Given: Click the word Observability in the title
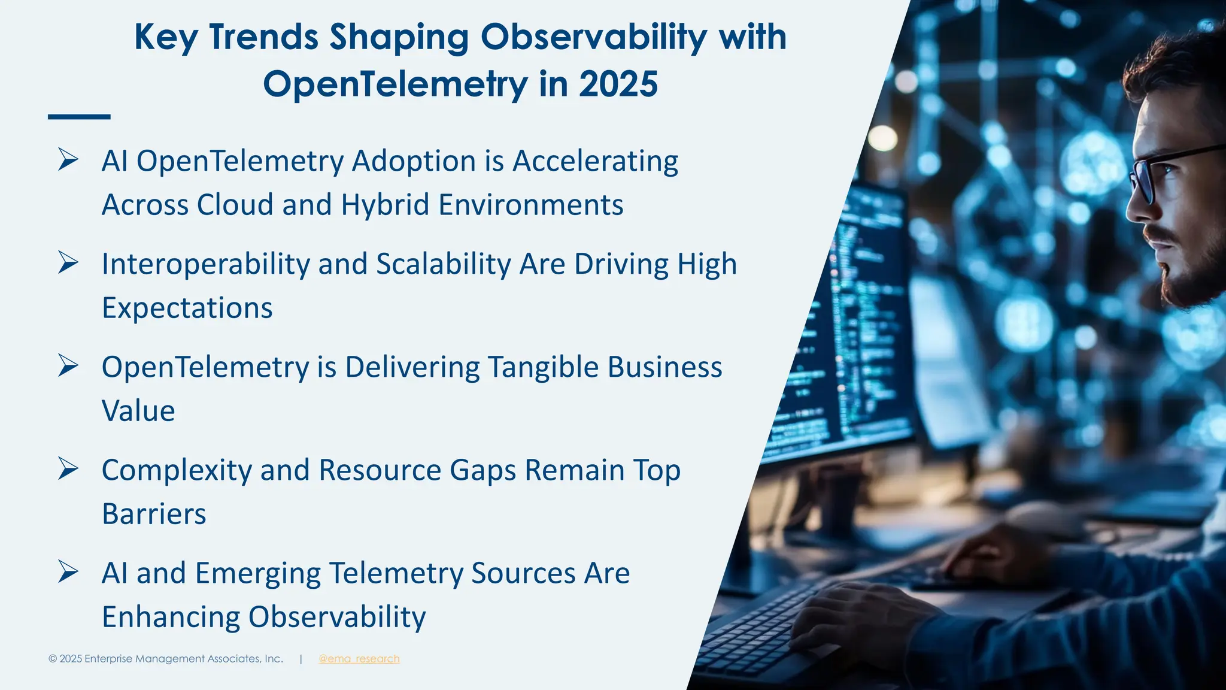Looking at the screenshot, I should [x=594, y=37].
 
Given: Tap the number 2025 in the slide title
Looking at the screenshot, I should [x=618, y=84].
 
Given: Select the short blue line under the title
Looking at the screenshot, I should [x=79, y=117].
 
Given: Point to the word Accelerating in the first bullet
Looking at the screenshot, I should [x=595, y=161].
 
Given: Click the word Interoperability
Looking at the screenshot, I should [x=205, y=264].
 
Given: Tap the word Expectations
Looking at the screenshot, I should [x=187, y=308].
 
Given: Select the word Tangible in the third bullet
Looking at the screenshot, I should [x=543, y=367].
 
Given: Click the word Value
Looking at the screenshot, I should [x=138, y=411].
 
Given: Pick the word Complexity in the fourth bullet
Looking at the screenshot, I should [x=176, y=471].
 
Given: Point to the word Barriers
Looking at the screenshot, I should [x=154, y=514].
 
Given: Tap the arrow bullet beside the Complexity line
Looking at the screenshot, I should [x=68, y=468].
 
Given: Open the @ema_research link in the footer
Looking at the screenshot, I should [x=359, y=659].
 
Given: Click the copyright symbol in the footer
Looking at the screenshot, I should [x=53, y=659].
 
